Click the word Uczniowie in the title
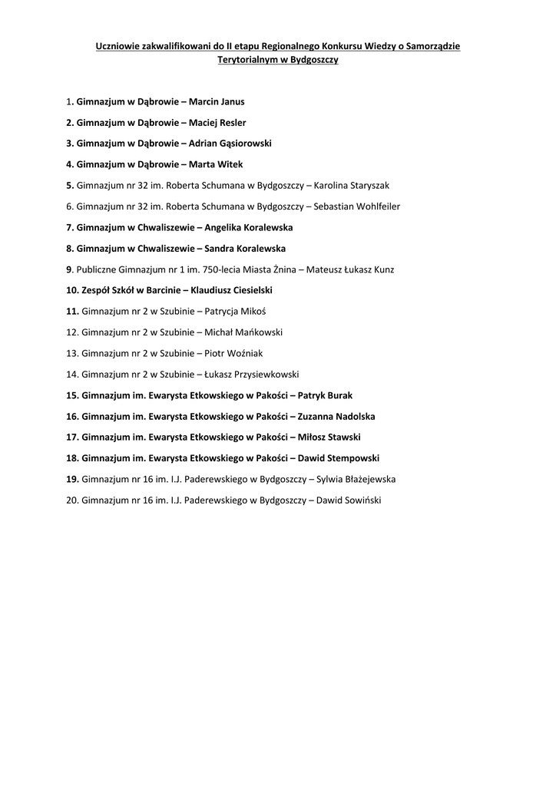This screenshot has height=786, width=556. (x=118, y=46)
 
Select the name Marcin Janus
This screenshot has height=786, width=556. (x=217, y=101)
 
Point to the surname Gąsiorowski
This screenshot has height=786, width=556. (x=245, y=144)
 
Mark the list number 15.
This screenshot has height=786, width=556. (x=73, y=395)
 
